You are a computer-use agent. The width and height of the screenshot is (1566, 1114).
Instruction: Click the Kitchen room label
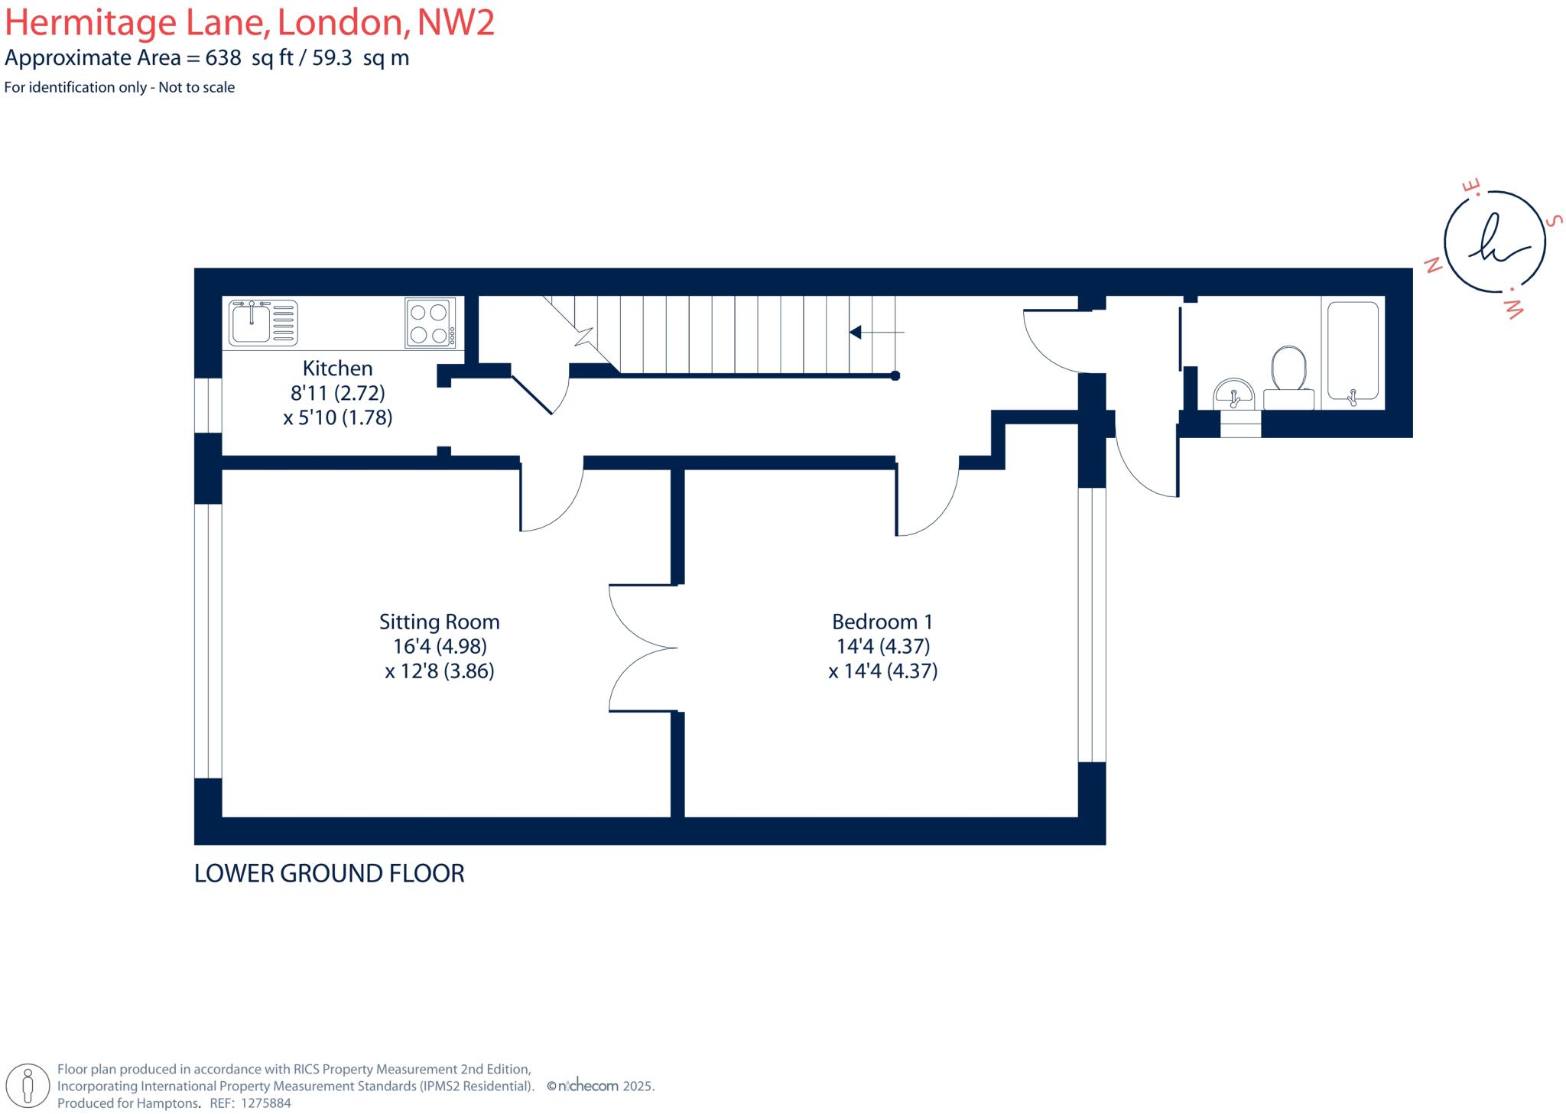pos(337,369)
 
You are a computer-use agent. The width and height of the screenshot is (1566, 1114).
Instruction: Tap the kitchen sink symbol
pos(263,323)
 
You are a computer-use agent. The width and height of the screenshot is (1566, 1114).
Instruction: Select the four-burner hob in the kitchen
pos(430,323)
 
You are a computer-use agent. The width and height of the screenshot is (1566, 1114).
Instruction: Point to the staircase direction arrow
pos(875,332)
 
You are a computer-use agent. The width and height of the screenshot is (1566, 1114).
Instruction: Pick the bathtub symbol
pos(1353,351)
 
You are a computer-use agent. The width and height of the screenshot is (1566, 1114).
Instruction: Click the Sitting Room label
pos(439,622)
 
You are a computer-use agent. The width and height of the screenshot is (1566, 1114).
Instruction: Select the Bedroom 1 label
pos(882,622)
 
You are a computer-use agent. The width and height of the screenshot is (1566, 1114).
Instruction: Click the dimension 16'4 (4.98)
pos(440,646)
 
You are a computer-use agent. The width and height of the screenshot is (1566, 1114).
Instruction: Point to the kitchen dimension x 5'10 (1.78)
pos(337,417)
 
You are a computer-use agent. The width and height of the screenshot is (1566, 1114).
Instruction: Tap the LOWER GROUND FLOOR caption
pos(329,873)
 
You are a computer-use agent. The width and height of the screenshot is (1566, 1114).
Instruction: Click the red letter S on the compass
pos(1552,221)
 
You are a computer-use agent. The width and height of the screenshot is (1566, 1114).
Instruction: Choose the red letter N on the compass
pos(1432,265)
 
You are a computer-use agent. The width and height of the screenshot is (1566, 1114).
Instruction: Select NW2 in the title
pos(456,22)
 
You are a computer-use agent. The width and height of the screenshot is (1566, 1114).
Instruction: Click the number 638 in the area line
pos(223,58)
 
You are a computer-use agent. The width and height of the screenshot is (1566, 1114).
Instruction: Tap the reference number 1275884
pos(265,1103)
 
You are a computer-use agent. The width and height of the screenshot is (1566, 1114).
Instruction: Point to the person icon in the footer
pos(28,1086)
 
